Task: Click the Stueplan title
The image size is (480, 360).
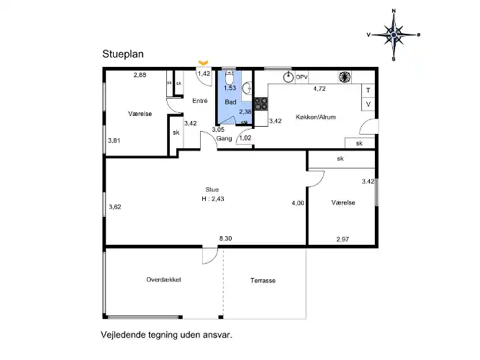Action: [123, 54]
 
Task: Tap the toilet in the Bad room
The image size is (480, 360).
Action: [229, 78]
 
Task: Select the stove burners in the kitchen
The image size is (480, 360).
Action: [261, 104]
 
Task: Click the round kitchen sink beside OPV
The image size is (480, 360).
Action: [288, 77]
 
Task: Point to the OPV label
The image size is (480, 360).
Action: [302, 77]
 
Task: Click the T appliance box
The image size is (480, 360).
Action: [368, 91]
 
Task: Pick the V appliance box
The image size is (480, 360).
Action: [368, 104]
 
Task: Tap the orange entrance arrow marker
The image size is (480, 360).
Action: [203, 63]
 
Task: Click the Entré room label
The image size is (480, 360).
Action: [200, 101]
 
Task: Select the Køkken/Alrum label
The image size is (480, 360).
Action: [316, 117]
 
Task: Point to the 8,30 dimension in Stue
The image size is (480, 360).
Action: [226, 238]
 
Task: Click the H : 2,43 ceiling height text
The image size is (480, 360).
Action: [213, 199]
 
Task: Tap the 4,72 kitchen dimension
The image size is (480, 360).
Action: [320, 89]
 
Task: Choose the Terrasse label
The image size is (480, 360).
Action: [263, 280]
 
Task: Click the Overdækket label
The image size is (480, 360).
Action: [164, 280]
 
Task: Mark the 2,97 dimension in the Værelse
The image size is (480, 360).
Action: [343, 239]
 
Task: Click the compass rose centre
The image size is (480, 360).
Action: [394, 35]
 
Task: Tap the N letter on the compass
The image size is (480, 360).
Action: [394, 11]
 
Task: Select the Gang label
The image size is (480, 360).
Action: [224, 138]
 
